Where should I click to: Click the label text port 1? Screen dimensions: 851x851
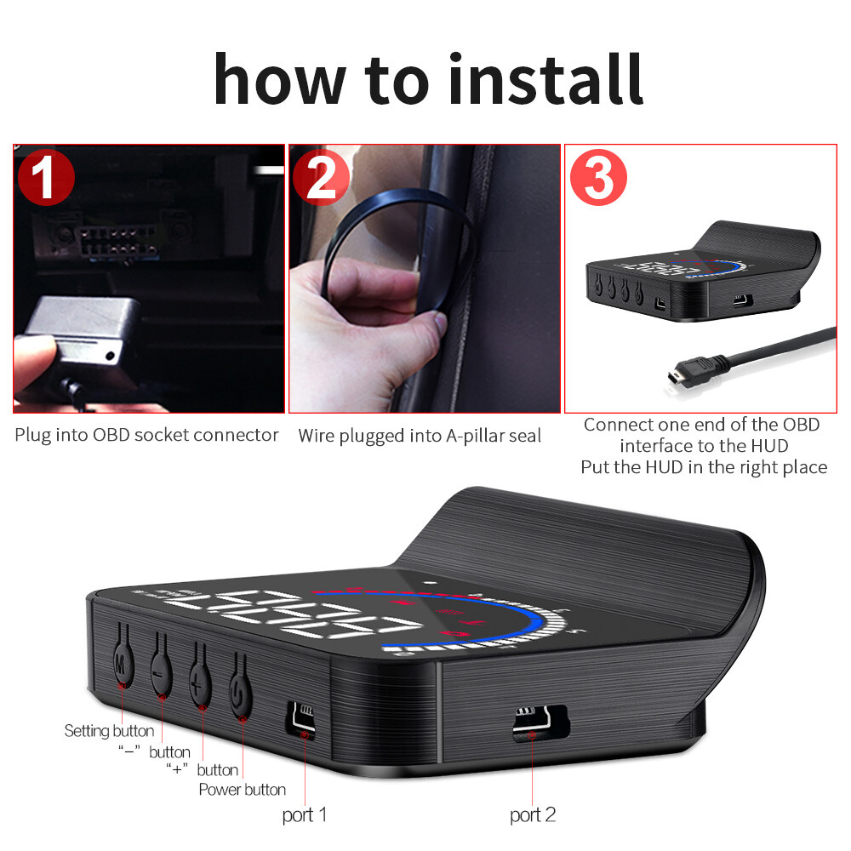click(x=305, y=814)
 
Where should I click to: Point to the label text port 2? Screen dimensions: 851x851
click(x=533, y=814)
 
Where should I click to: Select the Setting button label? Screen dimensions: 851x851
click(x=109, y=730)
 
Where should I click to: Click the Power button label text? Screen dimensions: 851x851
click(x=242, y=790)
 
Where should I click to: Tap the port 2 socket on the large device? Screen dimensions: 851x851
click(x=540, y=723)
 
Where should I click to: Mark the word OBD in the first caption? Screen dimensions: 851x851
click(x=112, y=435)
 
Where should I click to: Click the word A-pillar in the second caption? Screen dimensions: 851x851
click(x=478, y=436)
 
